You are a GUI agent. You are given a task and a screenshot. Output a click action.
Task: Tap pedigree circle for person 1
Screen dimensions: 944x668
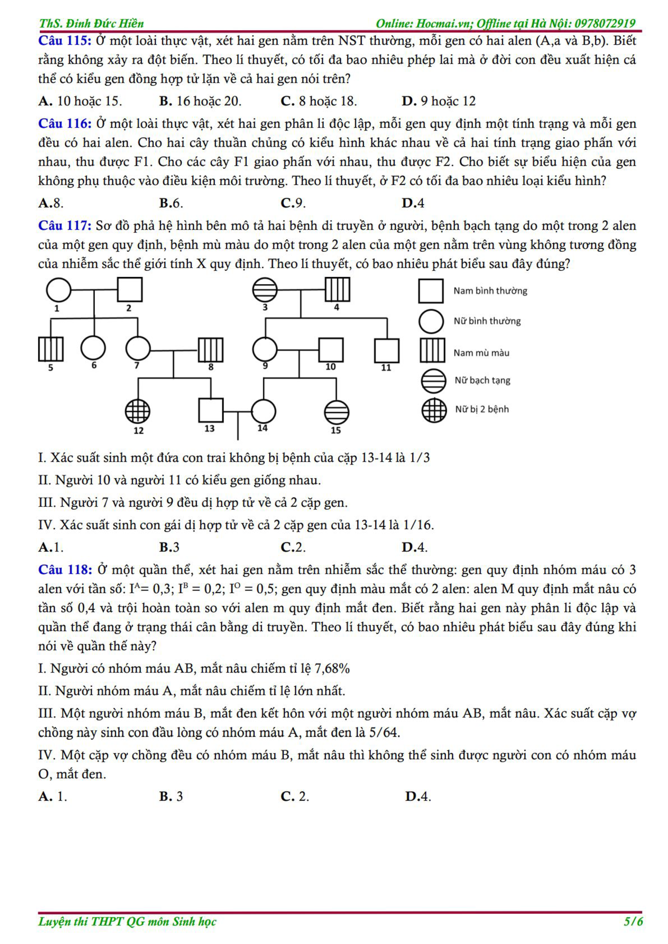[58, 290]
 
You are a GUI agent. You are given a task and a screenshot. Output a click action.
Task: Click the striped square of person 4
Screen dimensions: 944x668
[337, 290]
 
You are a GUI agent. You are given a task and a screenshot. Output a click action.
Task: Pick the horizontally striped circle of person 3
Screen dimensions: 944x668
[265, 290]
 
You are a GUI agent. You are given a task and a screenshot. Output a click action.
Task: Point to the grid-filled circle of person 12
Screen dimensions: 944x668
[137, 411]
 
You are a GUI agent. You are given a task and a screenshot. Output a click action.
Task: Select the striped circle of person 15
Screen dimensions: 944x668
[337, 411]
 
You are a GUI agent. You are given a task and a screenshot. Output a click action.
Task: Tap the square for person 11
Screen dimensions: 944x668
[387, 350]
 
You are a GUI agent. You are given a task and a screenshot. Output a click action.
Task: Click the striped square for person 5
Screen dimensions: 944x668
[51, 349]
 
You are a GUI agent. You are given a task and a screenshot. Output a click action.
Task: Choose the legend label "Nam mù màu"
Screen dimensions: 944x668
[481, 353]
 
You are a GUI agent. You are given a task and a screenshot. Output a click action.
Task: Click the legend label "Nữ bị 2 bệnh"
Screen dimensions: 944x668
[482, 409]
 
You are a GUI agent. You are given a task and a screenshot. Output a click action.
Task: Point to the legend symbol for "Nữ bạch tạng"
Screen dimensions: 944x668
[433, 381]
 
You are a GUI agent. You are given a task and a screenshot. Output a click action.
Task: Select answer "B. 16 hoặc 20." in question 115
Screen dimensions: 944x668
[200, 101]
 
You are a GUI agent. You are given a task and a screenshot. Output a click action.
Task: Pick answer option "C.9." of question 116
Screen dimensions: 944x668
[293, 203]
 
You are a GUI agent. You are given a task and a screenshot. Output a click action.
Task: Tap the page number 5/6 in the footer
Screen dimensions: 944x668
[633, 921]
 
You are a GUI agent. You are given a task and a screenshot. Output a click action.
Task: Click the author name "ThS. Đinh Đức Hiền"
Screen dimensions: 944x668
[91, 23]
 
